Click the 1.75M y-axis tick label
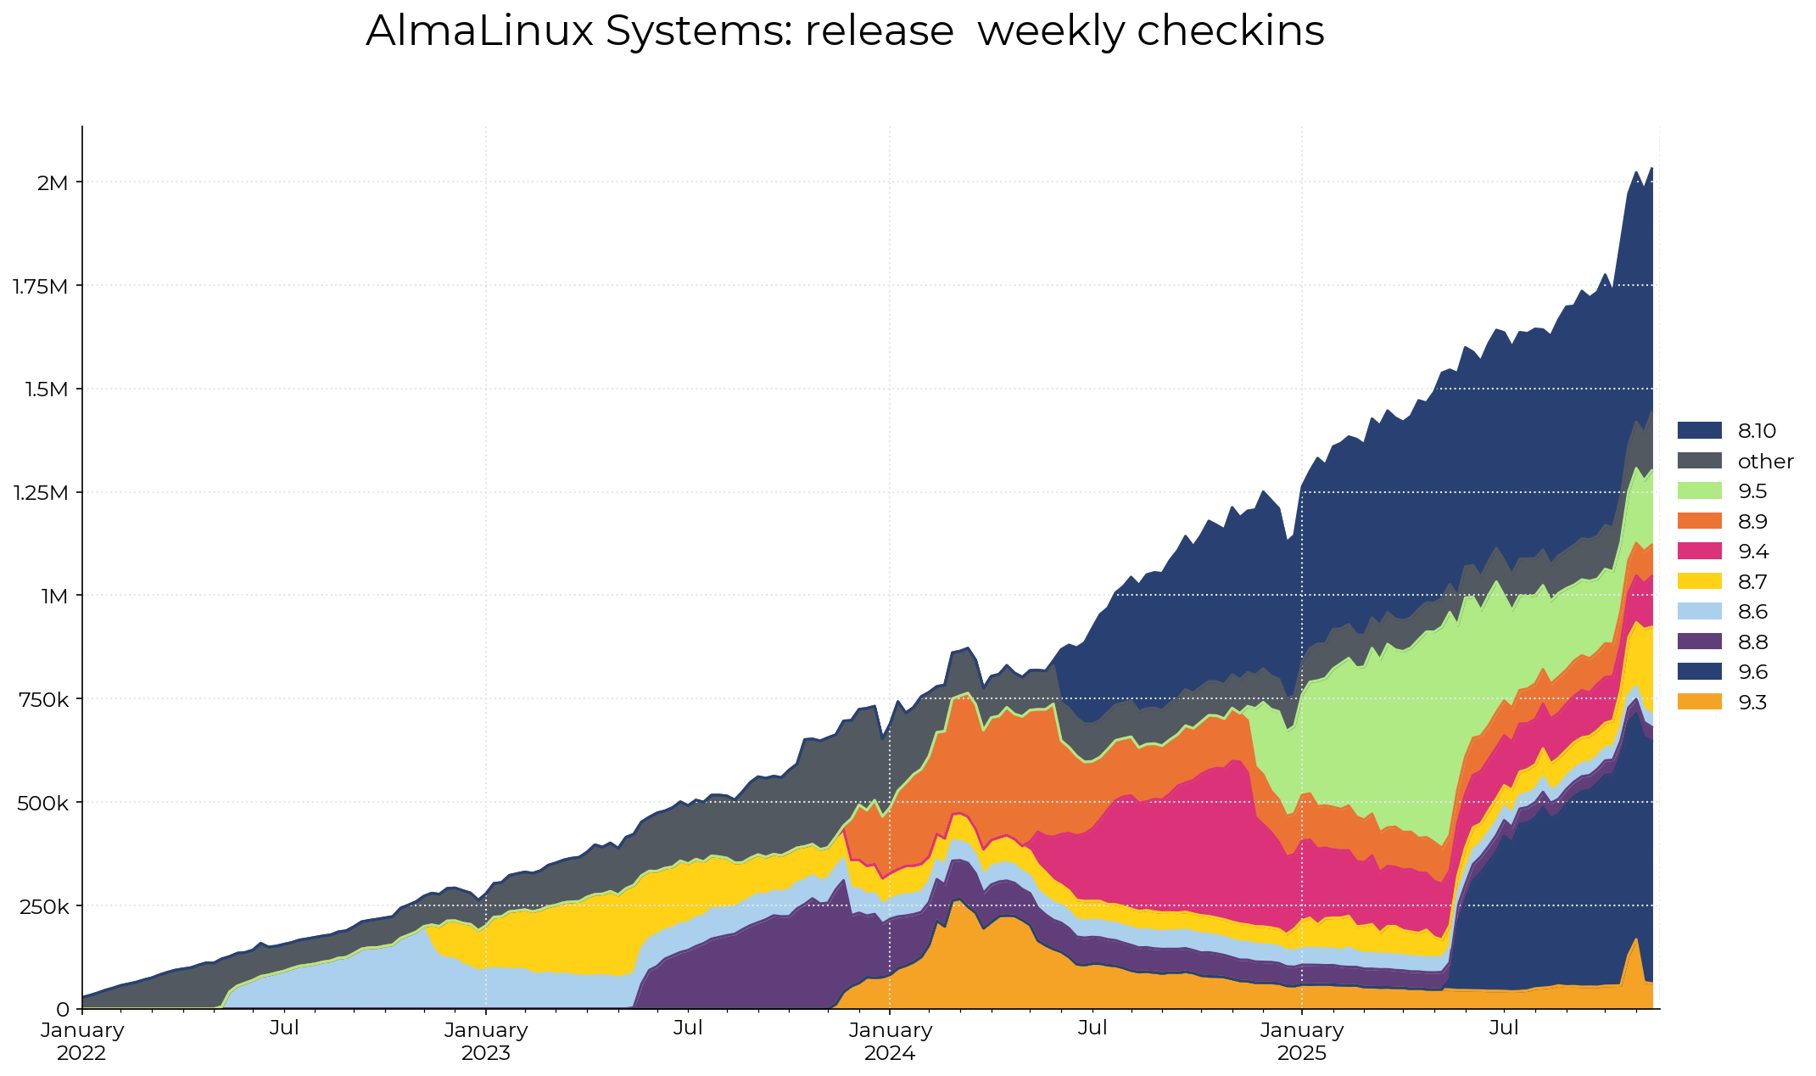point(40,286)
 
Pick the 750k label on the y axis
point(44,699)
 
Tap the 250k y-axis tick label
point(44,906)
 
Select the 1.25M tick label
point(40,493)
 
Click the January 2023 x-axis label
point(486,1041)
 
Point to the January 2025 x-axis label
point(1301,1041)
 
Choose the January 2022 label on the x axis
point(82,1041)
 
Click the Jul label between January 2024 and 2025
point(1092,1028)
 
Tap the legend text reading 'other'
point(1765,462)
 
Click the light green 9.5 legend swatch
point(1699,491)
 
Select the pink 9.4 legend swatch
point(1699,552)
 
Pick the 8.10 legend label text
point(1757,431)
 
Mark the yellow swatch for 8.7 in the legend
point(1699,581)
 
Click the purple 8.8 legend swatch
point(1699,642)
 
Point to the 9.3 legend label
point(1752,703)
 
